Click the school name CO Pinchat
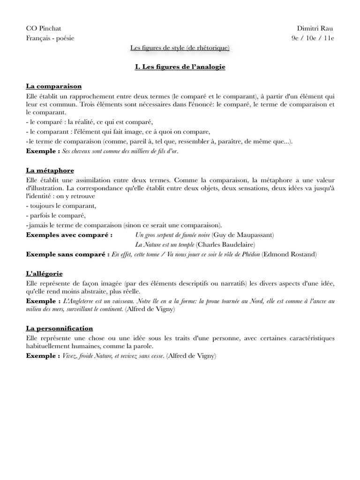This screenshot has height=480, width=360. pyautogui.click(x=44, y=29)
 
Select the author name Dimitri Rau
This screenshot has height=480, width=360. pyautogui.click(x=315, y=29)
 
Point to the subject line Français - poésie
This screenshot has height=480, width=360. pyautogui.click(x=50, y=38)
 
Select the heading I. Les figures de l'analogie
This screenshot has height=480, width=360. pyautogui.click(x=180, y=67)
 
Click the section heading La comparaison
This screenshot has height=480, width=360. pyautogui.click(x=54, y=86)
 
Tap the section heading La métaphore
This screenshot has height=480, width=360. pyautogui.click(x=50, y=170)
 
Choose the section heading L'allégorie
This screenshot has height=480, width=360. pyautogui.click(x=45, y=273)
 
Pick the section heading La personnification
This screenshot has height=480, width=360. pyautogui.click(x=60, y=328)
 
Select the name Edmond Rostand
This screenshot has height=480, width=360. pyautogui.click(x=289, y=254)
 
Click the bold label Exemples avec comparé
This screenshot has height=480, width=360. pyautogui.click(x=69, y=234)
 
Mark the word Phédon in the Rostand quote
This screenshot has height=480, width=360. pyautogui.click(x=249, y=254)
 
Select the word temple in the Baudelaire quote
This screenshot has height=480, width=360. pyautogui.click(x=184, y=244)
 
